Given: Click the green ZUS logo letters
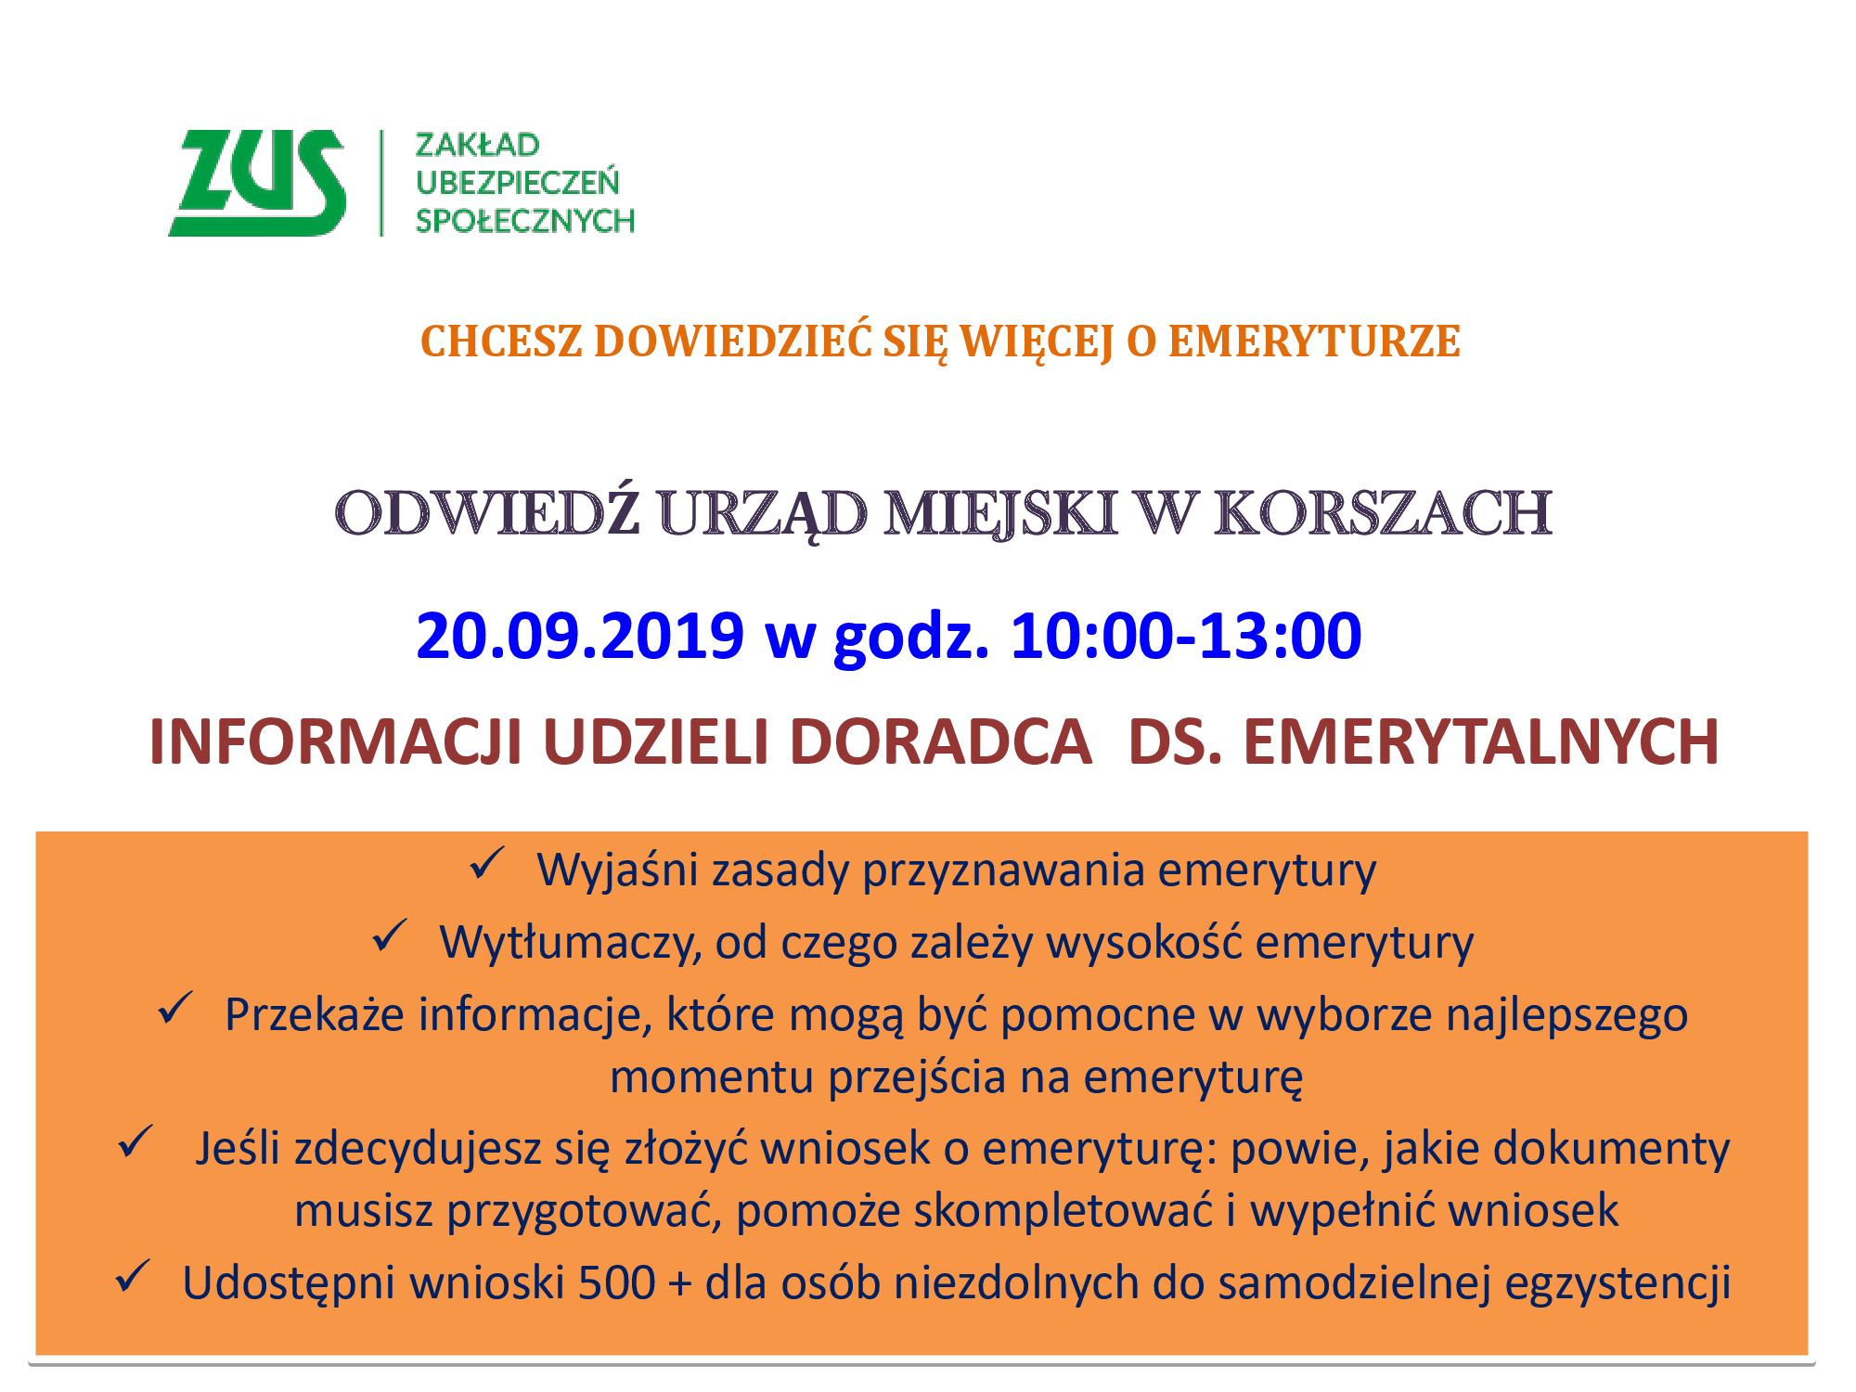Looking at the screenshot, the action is (x=257, y=183).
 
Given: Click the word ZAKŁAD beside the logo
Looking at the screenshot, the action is (x=477, y=145).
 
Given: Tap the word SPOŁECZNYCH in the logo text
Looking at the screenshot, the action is (x=525, y=221).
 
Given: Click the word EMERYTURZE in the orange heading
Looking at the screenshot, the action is (x=1314, y=341).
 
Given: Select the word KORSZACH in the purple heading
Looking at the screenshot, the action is (x=1383, y=512).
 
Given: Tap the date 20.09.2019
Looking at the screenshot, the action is (x=580, y=637).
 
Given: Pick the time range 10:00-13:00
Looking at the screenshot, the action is (x=1186, y=637).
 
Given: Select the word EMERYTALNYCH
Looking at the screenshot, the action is (x=1481, y=741).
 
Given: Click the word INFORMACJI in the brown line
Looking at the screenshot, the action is (x=336, y=741).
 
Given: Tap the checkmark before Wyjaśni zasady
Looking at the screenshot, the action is (x=486, y=863).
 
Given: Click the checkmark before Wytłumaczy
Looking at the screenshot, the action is (x=390, y=935).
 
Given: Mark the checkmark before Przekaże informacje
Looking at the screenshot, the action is (x=174, y=1008).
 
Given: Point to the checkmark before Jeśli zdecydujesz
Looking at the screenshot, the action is (x=135, y=1141).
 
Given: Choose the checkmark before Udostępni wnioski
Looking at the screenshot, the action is (x=133, y=1276).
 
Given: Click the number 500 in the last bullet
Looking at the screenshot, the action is (x=616, y=1283).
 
